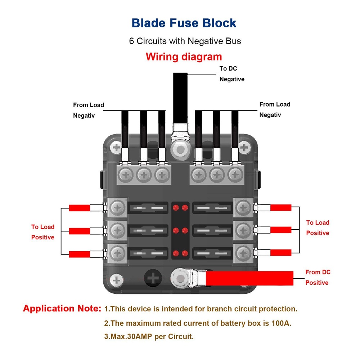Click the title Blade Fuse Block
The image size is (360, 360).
[184, 23]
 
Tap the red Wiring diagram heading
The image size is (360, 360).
[184, 57]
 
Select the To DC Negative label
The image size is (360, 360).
[232, 74]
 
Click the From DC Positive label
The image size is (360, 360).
[317, 277]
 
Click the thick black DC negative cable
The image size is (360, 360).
[180, 97]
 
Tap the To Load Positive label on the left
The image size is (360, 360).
[42, 232]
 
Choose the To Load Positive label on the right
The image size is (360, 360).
[318, 228]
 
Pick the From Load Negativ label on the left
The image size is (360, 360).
[88, 110]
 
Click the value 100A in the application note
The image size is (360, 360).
[279, 323]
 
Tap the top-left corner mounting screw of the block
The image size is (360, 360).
[116, 147]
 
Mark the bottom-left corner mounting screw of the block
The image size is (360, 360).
[116, 280]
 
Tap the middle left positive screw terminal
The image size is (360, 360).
[117, 229]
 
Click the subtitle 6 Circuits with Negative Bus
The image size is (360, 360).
[185, 41]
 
